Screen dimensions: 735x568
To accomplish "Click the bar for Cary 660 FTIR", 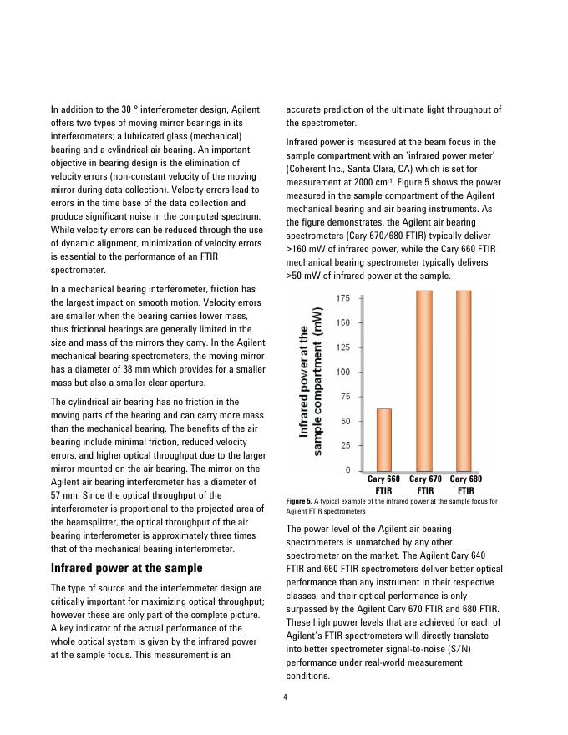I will click(384, 439).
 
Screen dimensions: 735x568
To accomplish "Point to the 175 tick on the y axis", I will click(343, 298).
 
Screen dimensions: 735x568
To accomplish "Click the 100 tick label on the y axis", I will click(343, 372).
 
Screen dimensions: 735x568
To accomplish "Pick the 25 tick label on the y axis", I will click(345, 445).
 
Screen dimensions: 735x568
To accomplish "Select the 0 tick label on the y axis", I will click(347, 470).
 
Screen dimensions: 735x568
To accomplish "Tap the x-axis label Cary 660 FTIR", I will click(384, 484).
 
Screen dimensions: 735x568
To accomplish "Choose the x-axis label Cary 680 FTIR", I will click(466, 484).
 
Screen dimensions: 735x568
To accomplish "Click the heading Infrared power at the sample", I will click(126, 568).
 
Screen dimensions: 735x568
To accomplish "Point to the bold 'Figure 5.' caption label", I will click(300, 501).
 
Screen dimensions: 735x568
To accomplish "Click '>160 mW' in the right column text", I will click(303, 248).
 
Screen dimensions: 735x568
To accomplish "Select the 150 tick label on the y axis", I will click(343, 322).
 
